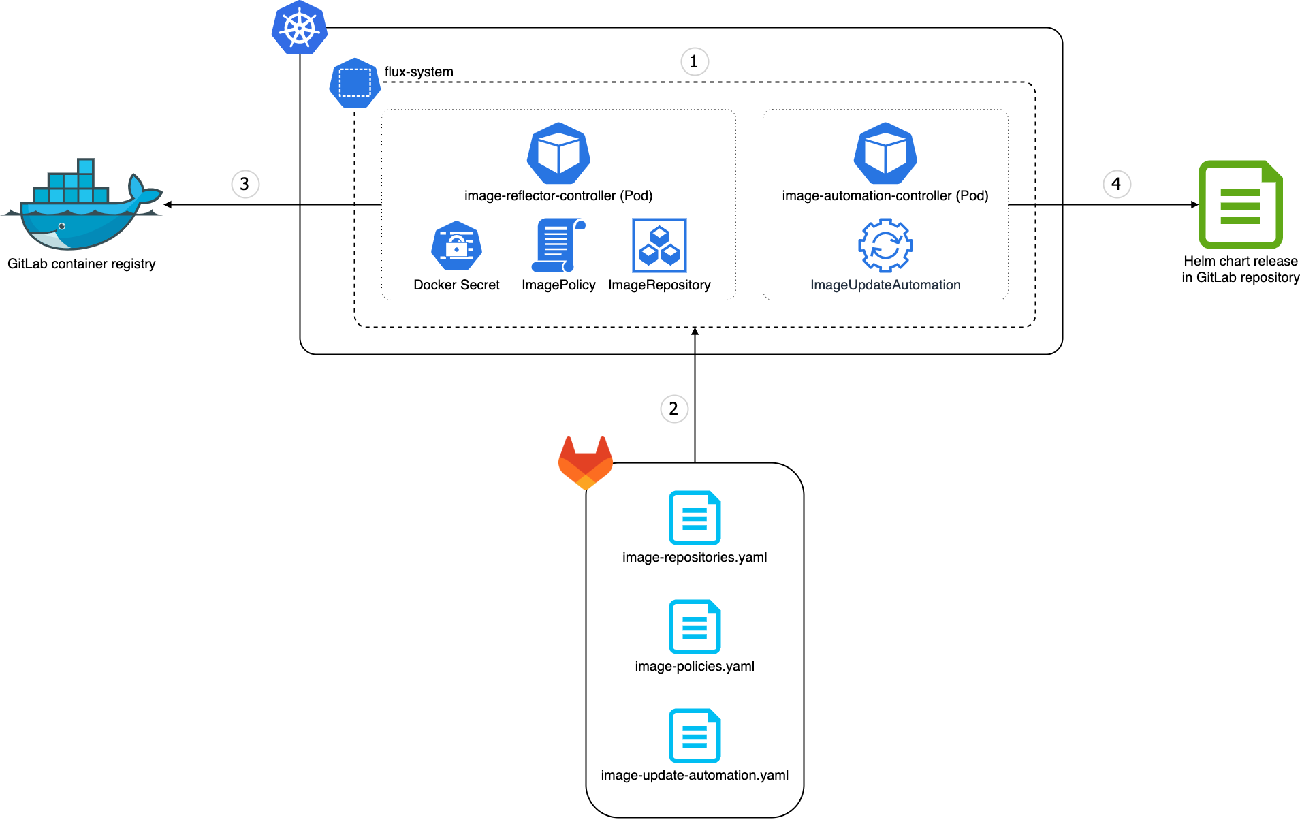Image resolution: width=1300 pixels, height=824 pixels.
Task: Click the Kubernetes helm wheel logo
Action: (300, 28)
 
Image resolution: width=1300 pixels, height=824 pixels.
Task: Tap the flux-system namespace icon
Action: (354, 83)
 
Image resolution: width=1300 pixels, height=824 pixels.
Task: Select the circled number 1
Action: (694, 62)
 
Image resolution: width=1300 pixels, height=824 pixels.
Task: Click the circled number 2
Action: (673, 409)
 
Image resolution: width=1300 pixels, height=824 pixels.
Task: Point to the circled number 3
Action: (244, 184)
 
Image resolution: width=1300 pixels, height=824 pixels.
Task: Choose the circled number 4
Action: (1116, 184)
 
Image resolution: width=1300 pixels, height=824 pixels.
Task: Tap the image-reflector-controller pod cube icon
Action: (558, 154)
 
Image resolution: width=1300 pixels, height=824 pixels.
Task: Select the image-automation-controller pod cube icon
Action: (885, 154)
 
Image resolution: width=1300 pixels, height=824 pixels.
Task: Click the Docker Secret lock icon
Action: (456, 246)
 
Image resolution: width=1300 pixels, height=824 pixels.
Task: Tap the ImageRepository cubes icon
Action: (659, 245)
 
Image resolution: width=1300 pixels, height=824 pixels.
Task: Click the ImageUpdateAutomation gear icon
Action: (885, 245)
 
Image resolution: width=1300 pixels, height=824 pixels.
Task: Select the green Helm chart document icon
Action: (1240, 204)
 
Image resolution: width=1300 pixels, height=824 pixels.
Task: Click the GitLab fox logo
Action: (586, 462)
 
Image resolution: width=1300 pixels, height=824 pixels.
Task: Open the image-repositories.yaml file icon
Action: (695, 518)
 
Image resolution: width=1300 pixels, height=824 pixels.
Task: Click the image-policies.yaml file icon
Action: (695, 627)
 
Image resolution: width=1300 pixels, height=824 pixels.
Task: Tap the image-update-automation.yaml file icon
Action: (695, 735)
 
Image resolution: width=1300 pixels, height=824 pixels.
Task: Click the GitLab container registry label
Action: (82, 264)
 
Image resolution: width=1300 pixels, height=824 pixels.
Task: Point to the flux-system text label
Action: (418, 72)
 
